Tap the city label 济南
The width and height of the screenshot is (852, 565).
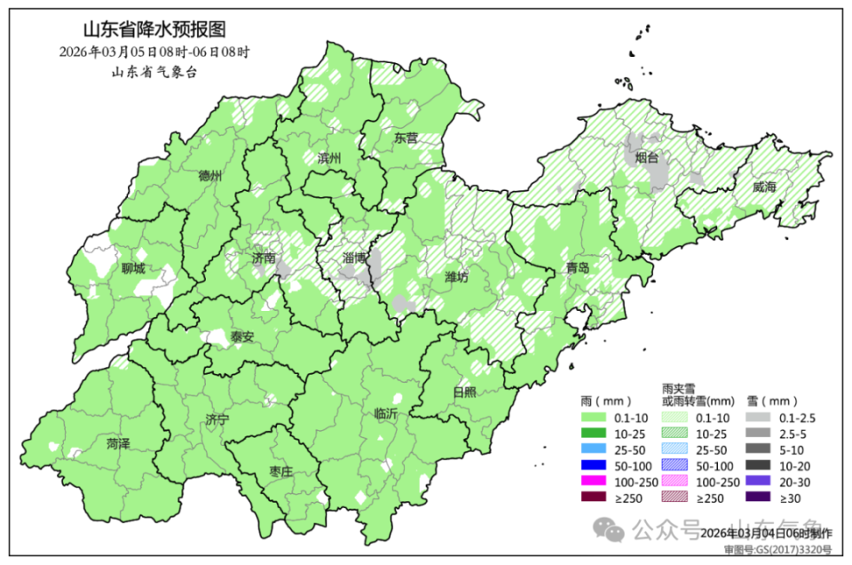pyautogui.click(x=264, y=259)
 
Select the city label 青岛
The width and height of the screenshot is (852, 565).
pyautogui.click(x=578, y=267)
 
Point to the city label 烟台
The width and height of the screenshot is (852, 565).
pyautogui.click(x=647, y=158)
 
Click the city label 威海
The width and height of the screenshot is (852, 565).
pyautogui.click(x=763, y=187)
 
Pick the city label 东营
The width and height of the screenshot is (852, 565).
pyautogui.click(x=406, y=139)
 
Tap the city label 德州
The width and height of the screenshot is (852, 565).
pyautogui.click(x=210, y=175)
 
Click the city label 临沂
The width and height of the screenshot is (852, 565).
pyautogui.click(x=386, y=413)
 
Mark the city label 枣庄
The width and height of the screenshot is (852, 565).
pyautogui.click(x=280, y=472)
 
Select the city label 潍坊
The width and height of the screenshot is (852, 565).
pyautogui.click(x=455, y=277)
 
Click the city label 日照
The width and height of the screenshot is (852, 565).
pyautogui.click(x=463, y=392)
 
